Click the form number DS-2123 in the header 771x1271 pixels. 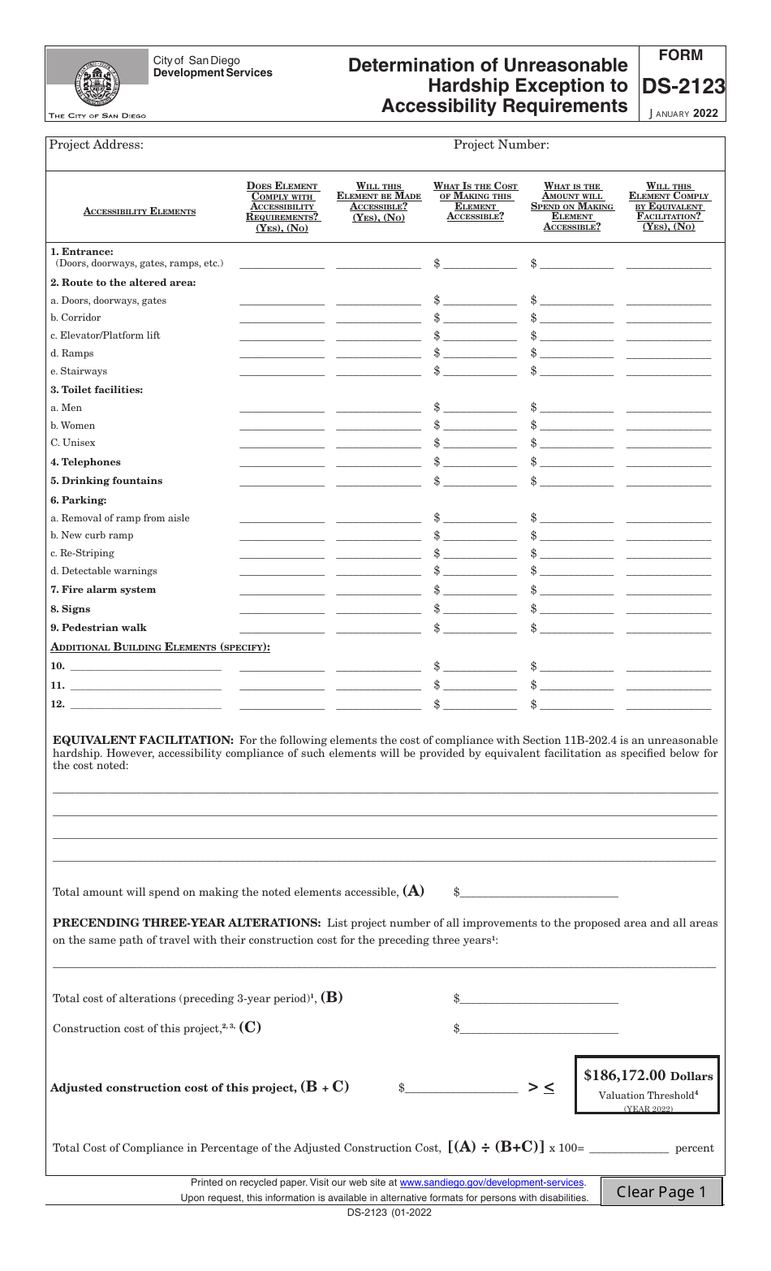[683, 87]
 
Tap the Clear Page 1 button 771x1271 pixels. [661, 1191]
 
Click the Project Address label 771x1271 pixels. [97, 145]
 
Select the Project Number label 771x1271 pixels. [501, 145]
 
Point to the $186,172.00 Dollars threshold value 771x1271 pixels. [648, 1075]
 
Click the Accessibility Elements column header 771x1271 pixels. [140, 211]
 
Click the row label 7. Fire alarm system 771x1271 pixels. [103, 590]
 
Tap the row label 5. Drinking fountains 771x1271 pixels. [106, 481]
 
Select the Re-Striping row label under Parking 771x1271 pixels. [82, 553]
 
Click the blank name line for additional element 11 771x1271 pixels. [145, 685]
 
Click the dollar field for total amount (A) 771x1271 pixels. [540, 892]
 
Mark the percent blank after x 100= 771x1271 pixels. [628, 1148]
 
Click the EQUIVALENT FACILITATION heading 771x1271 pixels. [143, 740]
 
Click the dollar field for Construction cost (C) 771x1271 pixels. [540, 1028]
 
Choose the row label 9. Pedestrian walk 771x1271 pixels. [98, 628]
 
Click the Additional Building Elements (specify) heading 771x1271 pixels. [160, 646]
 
